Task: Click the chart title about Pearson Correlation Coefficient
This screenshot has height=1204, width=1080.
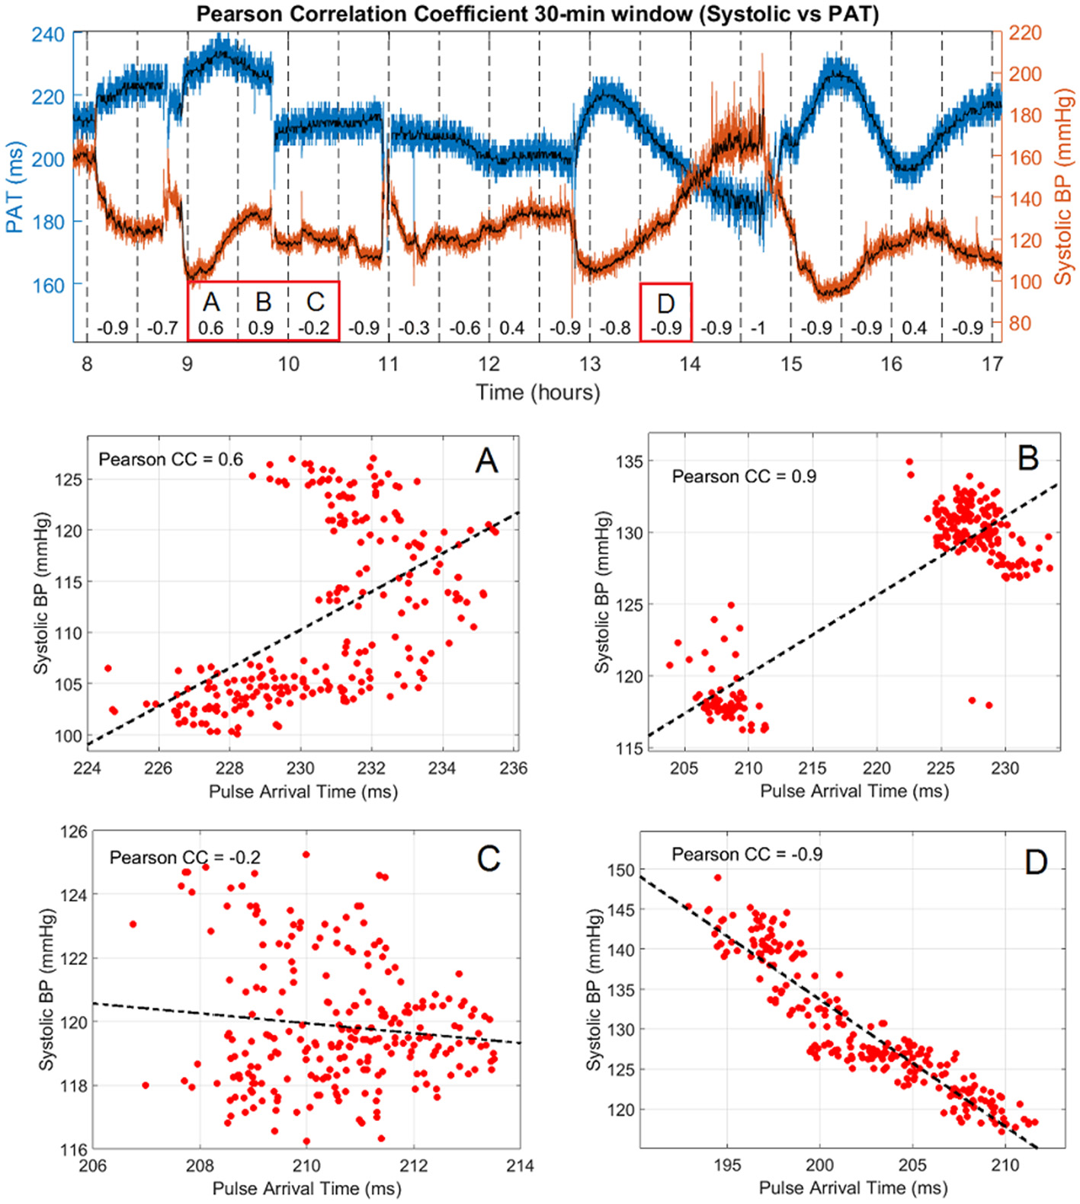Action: point(537,14)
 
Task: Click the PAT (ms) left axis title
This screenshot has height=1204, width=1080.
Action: point(15,187)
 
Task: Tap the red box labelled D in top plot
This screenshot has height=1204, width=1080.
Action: point(665,311)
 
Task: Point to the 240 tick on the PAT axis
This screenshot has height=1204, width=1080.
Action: point(48,34)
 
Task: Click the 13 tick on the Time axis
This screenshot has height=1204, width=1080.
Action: point(589,364)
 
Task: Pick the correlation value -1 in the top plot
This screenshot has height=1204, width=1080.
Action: point(758,328)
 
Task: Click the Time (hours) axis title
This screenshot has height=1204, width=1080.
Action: point(537,392)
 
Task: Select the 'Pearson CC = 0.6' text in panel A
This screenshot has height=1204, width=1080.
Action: point(171,459)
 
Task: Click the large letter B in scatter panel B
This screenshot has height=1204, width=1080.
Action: point(1027,458)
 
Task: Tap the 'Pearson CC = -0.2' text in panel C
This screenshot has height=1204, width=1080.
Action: point(185,857)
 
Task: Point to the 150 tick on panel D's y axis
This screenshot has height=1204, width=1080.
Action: point(620,870)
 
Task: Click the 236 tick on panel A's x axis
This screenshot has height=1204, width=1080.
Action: point(513,768)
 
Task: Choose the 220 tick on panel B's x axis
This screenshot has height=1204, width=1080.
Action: point(876,768)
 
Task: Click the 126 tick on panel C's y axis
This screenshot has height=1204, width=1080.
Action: point(74,832)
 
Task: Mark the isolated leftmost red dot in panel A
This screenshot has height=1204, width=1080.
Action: point(108,668)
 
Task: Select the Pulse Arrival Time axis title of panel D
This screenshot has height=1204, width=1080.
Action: point(853,1187)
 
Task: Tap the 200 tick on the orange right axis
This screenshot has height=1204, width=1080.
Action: point(1025,75)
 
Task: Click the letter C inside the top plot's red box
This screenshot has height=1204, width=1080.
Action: point(315,302)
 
